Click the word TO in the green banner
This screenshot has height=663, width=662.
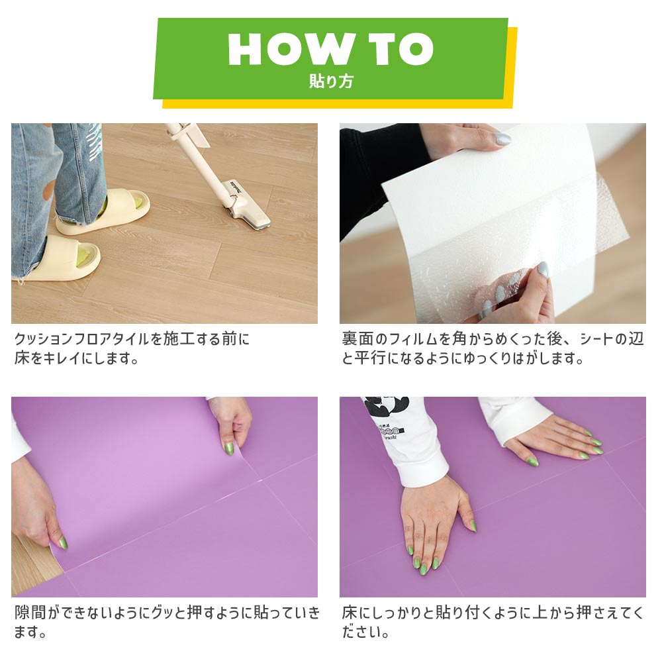tap(399, 48)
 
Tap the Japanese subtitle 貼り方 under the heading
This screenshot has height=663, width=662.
tap(331, 82)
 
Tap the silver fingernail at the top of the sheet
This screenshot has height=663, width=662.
tap(503, 139)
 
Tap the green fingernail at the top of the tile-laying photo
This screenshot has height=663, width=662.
tap(229, 448)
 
